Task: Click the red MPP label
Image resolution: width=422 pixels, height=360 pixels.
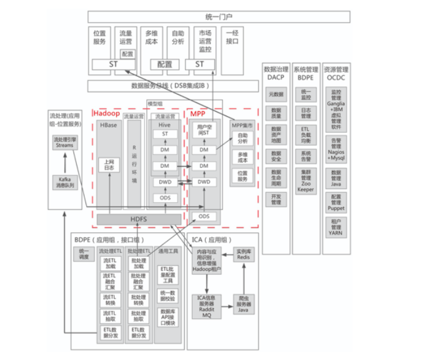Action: click(198, 114)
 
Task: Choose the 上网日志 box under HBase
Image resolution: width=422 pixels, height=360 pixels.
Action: click(109, 165)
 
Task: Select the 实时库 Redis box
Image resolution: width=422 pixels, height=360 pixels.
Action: click(243, 254)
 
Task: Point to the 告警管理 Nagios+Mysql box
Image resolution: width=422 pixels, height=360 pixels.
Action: click(336, 149)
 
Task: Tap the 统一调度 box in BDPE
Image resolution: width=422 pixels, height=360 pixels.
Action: click(84, 254)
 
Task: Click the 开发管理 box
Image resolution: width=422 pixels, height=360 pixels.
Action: click(276, 198)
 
